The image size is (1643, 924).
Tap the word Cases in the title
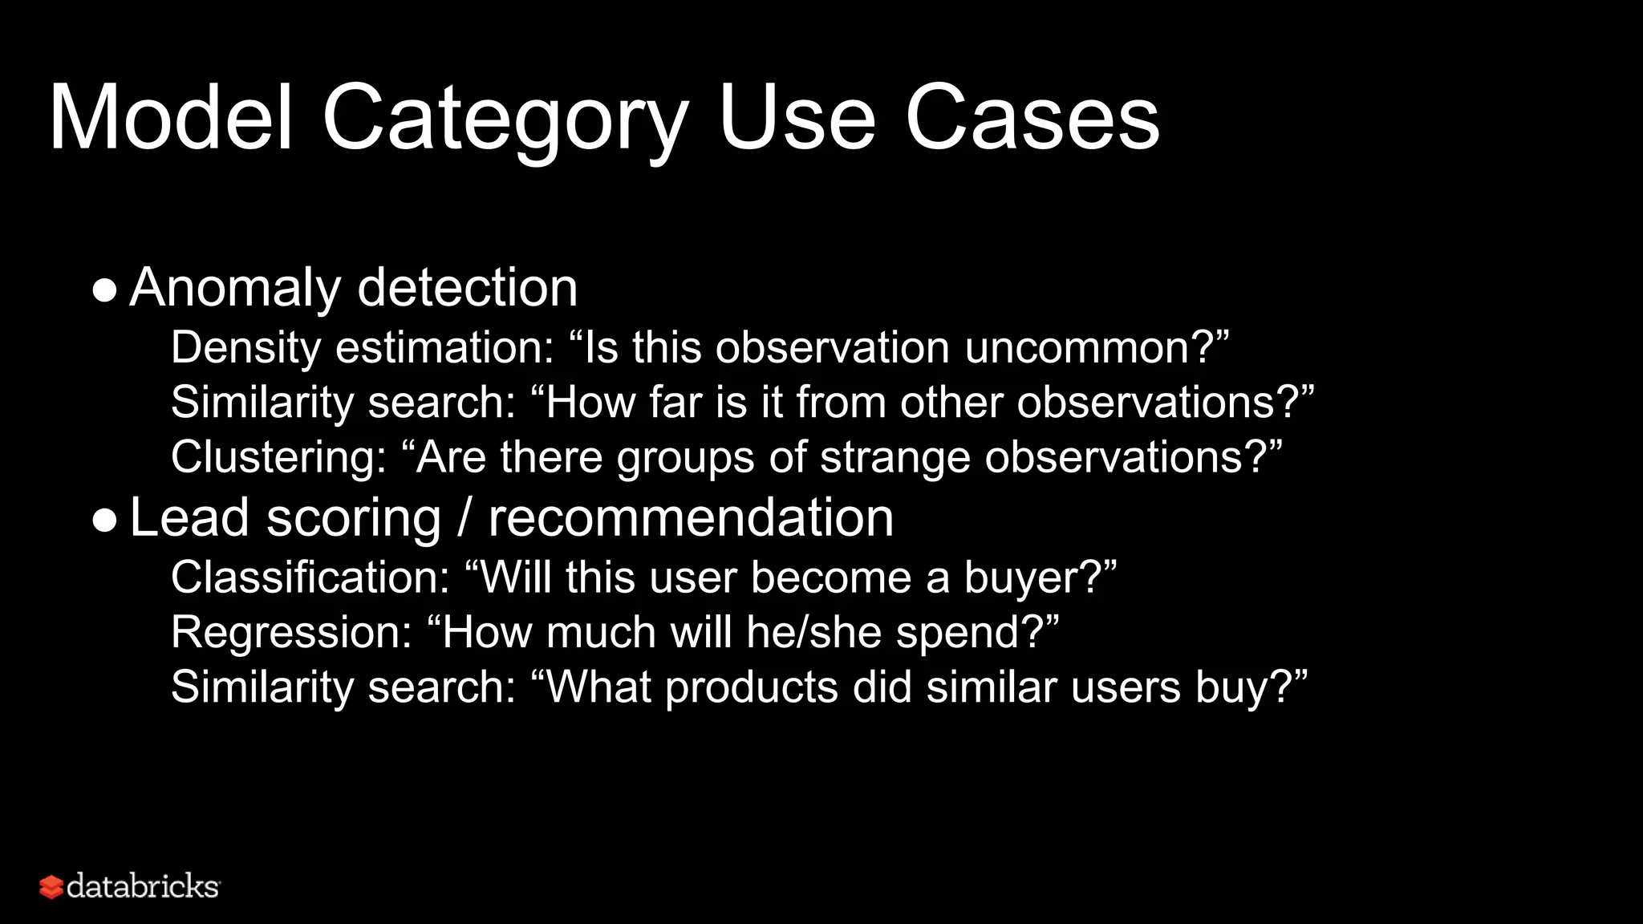(1032, 119)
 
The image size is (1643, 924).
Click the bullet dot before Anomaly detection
(104, 290)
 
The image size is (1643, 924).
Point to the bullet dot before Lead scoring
(104, 520)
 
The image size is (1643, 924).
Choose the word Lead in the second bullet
(189, 517)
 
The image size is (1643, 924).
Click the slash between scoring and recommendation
(465, 518)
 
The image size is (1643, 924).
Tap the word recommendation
(691, 517)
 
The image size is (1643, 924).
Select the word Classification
(310, 577)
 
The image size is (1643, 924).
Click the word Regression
(291, 632)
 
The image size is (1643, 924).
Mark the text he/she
(813, 632)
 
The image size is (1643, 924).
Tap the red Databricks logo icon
(51, 887)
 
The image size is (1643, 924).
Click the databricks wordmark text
(143, 886)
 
